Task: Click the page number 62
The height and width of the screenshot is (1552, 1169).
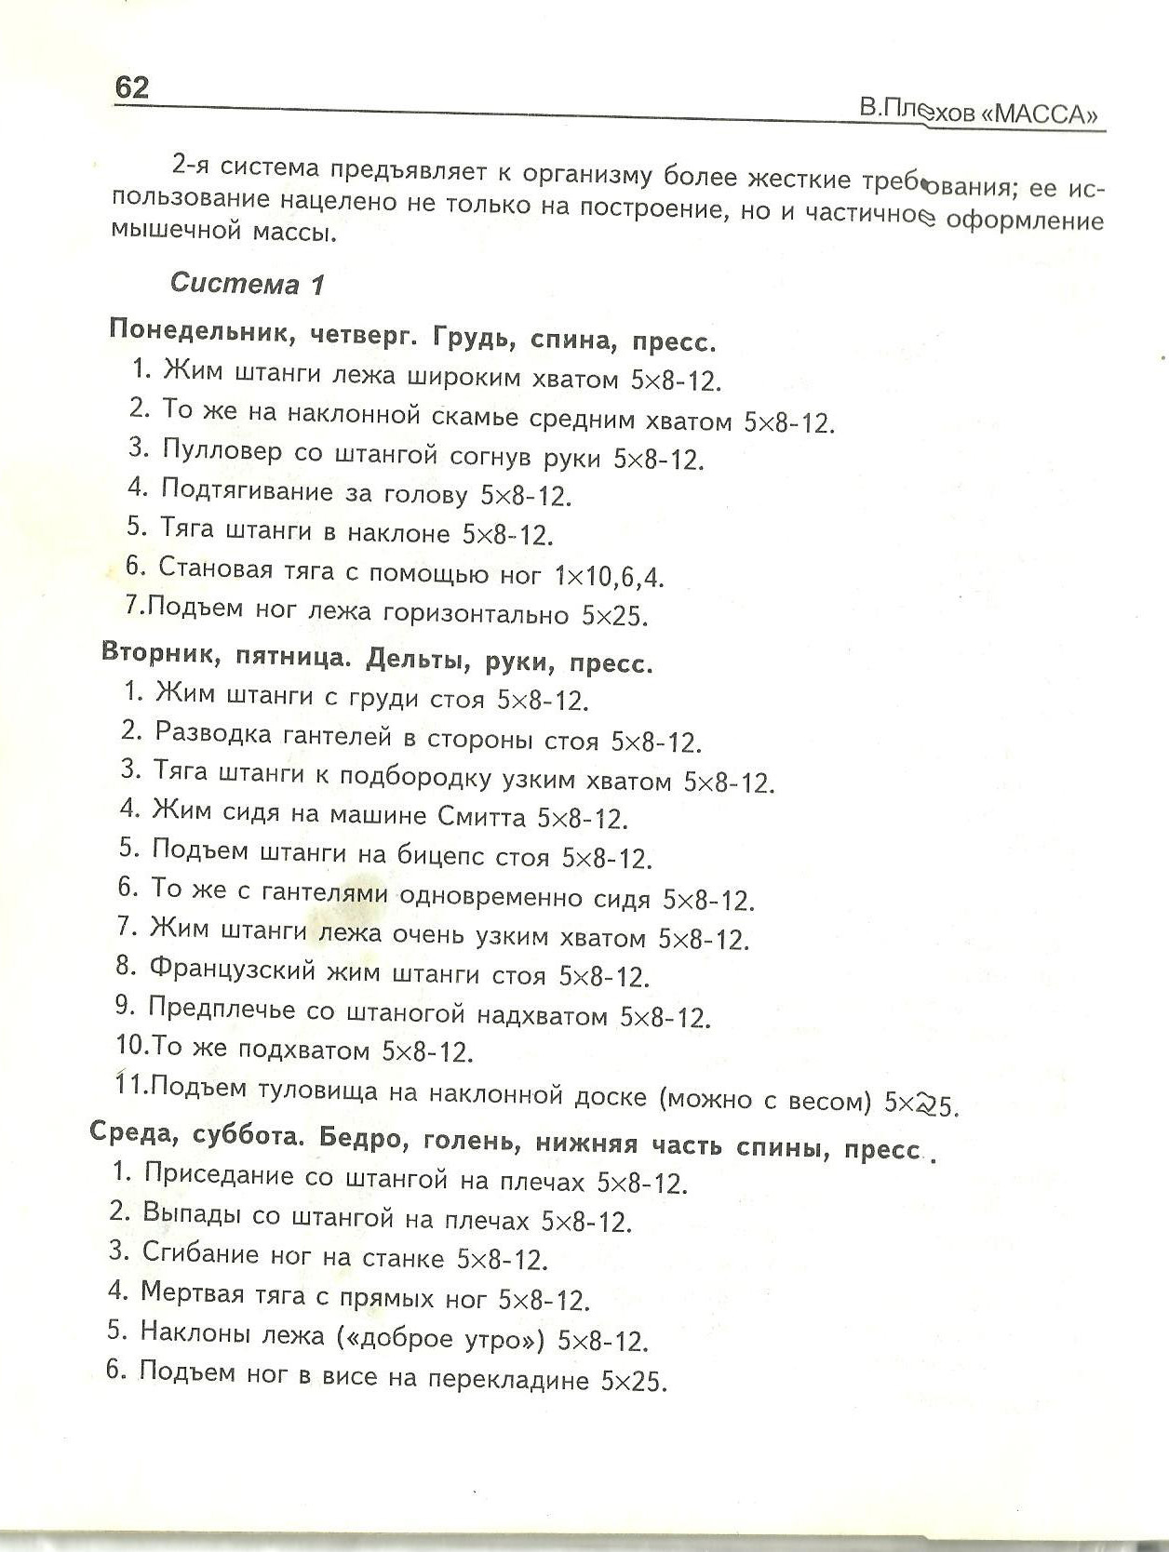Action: (131, 87)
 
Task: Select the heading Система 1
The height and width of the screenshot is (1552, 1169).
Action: (248, 283)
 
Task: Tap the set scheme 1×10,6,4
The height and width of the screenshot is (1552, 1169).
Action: (609, 577)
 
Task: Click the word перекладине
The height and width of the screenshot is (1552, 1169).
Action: (507, 1379)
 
